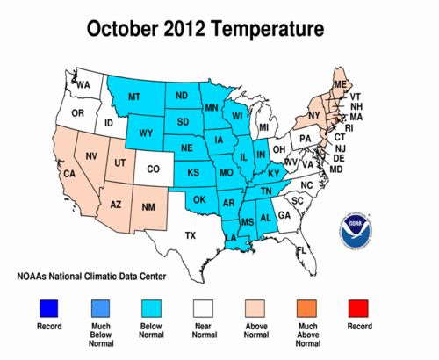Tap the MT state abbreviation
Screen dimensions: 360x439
(135, 96)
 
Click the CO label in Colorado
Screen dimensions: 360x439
(153, 169)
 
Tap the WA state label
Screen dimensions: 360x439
(83, 85)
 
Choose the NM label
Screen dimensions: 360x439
(150, 207)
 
